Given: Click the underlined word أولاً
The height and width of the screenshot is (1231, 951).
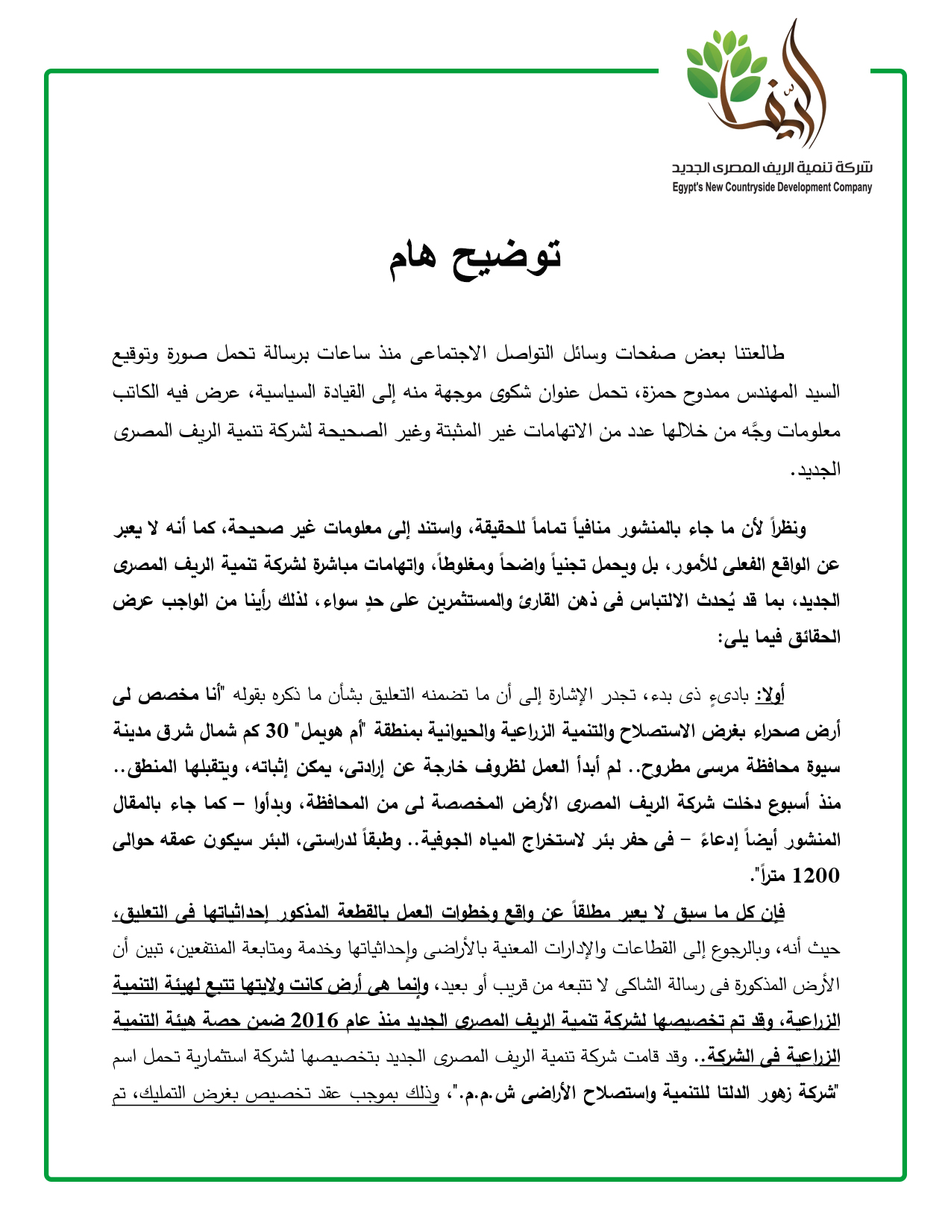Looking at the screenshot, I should [770, 695].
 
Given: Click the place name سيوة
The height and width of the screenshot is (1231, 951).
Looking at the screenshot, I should [824, 766].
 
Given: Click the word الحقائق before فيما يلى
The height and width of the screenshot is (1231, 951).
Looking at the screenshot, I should [813, 638].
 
